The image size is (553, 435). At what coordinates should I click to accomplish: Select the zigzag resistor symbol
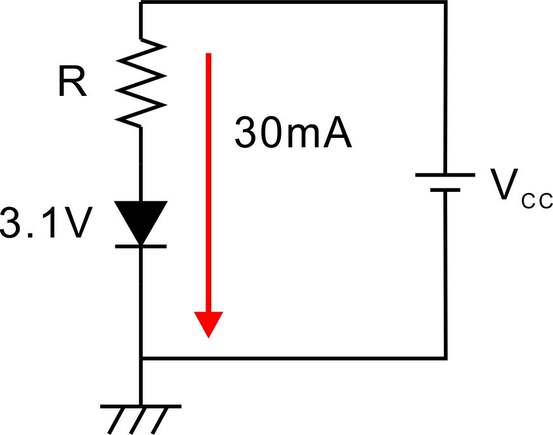pos(141,83)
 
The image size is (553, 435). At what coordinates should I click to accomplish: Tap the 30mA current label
pos(294,133)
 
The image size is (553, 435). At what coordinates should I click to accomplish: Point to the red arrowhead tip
pos(209,338)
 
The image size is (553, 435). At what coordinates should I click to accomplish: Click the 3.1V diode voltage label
pos(46,223)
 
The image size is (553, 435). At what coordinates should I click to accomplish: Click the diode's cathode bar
pos(141,246)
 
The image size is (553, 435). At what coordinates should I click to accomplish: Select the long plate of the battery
pos(445,175)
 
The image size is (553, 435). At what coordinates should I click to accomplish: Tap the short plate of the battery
pos(445,190)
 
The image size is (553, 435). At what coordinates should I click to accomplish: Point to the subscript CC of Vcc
pos(537,201)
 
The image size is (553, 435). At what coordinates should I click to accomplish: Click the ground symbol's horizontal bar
pos(141,406)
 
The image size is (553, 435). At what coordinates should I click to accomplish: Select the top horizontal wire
pos(294,2)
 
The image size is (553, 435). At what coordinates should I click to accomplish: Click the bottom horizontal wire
pos(294,358)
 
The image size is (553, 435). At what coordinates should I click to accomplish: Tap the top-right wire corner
pos(446,2)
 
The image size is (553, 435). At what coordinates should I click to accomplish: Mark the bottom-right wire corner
pos(446,358)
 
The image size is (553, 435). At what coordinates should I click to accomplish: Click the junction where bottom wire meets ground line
pos(141,358)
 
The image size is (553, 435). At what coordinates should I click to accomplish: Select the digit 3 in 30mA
pos(246,133)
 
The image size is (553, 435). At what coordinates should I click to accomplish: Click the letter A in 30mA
pos(338,133)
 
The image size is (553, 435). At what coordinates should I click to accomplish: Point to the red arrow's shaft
pos(209,182)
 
